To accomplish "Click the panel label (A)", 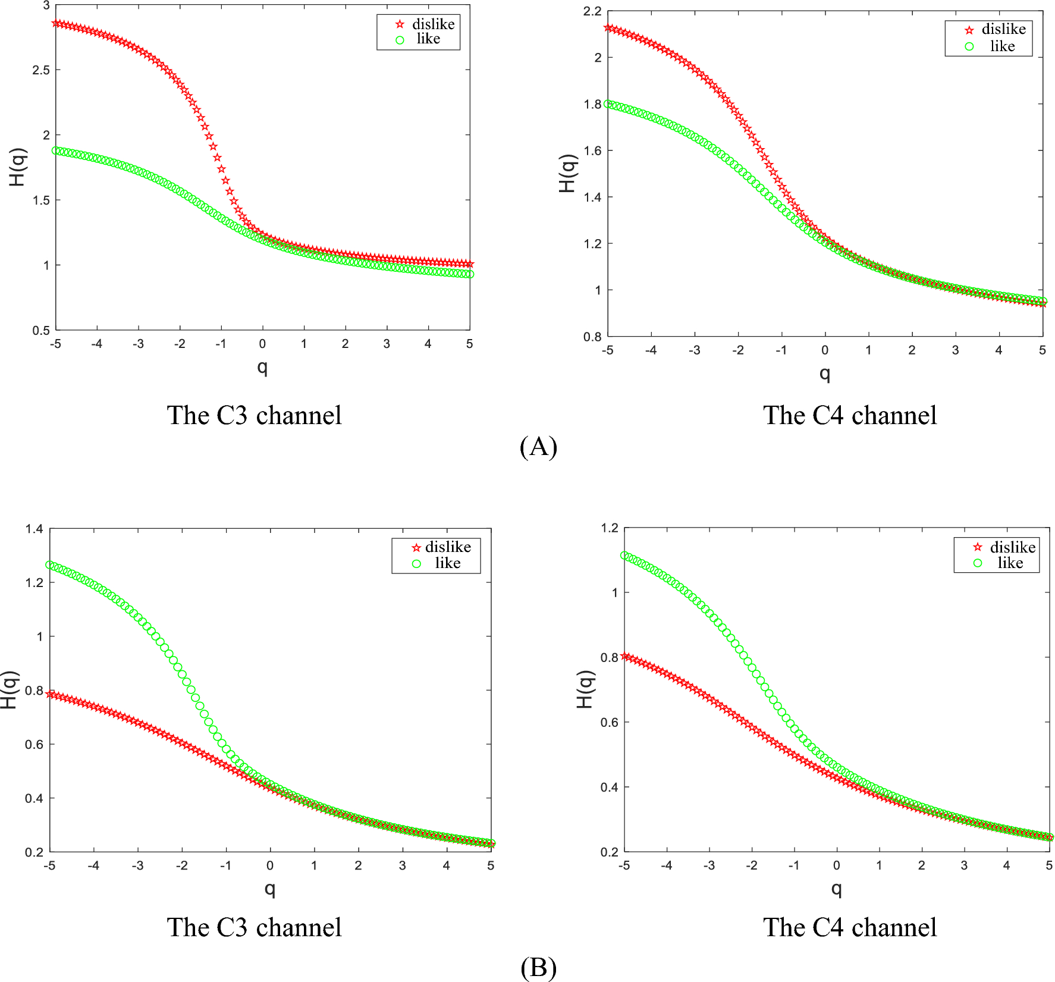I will click(538, 446).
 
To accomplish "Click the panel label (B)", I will click(538, 968).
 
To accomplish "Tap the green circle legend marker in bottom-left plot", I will click(416, 563).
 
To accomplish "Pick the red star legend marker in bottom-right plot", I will click(978, 547).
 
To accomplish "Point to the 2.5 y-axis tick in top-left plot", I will click(41, 70).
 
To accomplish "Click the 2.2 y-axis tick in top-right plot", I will click(592, 11).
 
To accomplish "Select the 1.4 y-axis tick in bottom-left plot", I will click(34, 529).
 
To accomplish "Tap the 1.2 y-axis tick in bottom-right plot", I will click(610, 528).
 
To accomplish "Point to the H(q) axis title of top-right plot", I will click(568, 173).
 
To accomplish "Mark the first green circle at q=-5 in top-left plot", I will click(56, 150).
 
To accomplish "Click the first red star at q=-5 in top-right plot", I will click(608, 28).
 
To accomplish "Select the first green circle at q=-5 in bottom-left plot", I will click(50, 564).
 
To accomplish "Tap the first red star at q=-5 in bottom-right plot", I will click(624, 656).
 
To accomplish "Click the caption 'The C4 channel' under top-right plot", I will click(850, 415).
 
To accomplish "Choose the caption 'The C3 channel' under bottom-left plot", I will click(254, 927).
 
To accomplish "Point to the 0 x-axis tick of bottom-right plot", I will click(836, 865).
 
